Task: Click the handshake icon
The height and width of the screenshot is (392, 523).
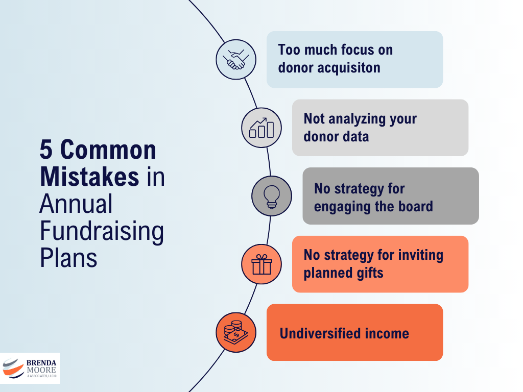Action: click(x=236, y=60)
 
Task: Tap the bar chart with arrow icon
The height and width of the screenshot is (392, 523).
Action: click(x=261, y=128)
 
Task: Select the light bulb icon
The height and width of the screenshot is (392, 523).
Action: click(x=272, y=196)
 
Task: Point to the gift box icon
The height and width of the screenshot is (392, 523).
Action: click(x=261, y=264)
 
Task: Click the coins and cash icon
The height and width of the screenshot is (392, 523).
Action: click(x=236, y=332)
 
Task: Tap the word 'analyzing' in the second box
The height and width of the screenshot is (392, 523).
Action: click(x=361, y=119)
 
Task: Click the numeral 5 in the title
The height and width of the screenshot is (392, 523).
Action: click(x=47, y=151)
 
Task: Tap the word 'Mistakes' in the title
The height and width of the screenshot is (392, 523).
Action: click(x=89, y=177)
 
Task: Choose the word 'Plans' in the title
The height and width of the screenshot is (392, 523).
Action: click(x=68, y=257)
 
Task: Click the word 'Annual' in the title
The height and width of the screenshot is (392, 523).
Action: click(x=76, y=204)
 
